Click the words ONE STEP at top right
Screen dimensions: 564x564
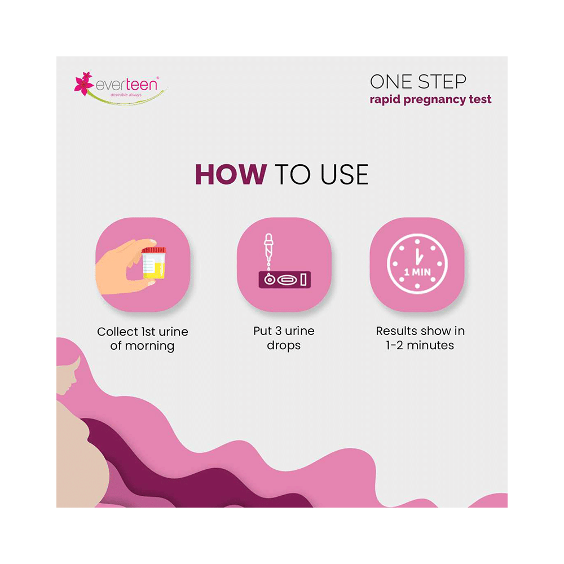click(x=418, y=82)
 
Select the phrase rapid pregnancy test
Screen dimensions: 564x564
click(x=430, y=100)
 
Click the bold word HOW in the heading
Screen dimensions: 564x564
click(x=230, y=175)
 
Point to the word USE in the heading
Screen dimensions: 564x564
click(x=345, y=175)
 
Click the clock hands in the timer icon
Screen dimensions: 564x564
click(x=417, y=257)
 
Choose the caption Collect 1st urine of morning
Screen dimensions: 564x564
click(x=142, y=338)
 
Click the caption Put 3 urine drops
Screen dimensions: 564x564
click(x=284, y=338)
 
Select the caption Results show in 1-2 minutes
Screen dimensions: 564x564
click(x=420, y=338)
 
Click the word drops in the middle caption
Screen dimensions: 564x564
click(x=284, y=346)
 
